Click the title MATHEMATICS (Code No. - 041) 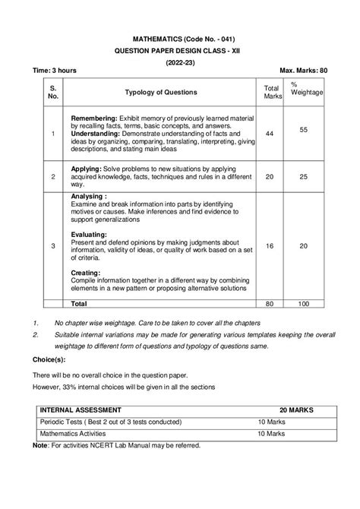[180, 37]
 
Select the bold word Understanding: [98, 133]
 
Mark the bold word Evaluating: [89, 235]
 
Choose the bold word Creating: [85, 272]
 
